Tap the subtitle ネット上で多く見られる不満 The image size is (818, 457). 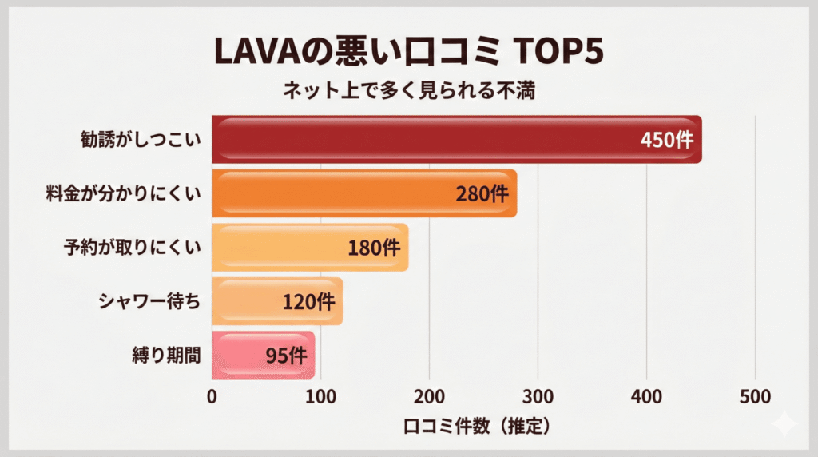coord(408,91)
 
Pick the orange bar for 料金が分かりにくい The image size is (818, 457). coord(336,193)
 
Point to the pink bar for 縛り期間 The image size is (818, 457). coord(240,355)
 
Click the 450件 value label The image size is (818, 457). coord(668,140)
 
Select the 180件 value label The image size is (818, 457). coord(374,248)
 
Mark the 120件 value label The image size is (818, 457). coord(308,302)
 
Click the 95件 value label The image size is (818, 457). coord(284,356)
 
